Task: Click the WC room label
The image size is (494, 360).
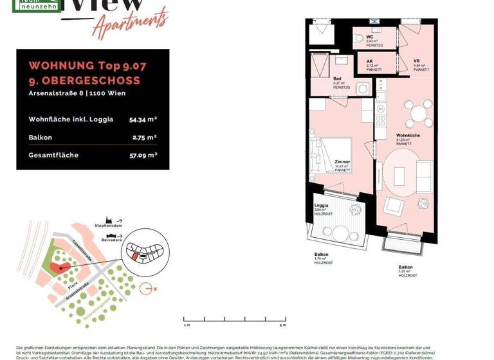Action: (370, 37)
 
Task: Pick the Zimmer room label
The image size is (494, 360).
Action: (342, 162)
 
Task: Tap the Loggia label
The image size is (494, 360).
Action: (322, 205)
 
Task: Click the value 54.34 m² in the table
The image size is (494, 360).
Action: (143, 119)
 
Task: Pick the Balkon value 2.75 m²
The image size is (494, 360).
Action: (145, 137)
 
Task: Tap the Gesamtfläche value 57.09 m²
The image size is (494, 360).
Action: (143, 155)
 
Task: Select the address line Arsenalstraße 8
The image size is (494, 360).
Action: (77, 93)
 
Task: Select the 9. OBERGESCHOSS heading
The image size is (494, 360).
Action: (84, 80)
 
